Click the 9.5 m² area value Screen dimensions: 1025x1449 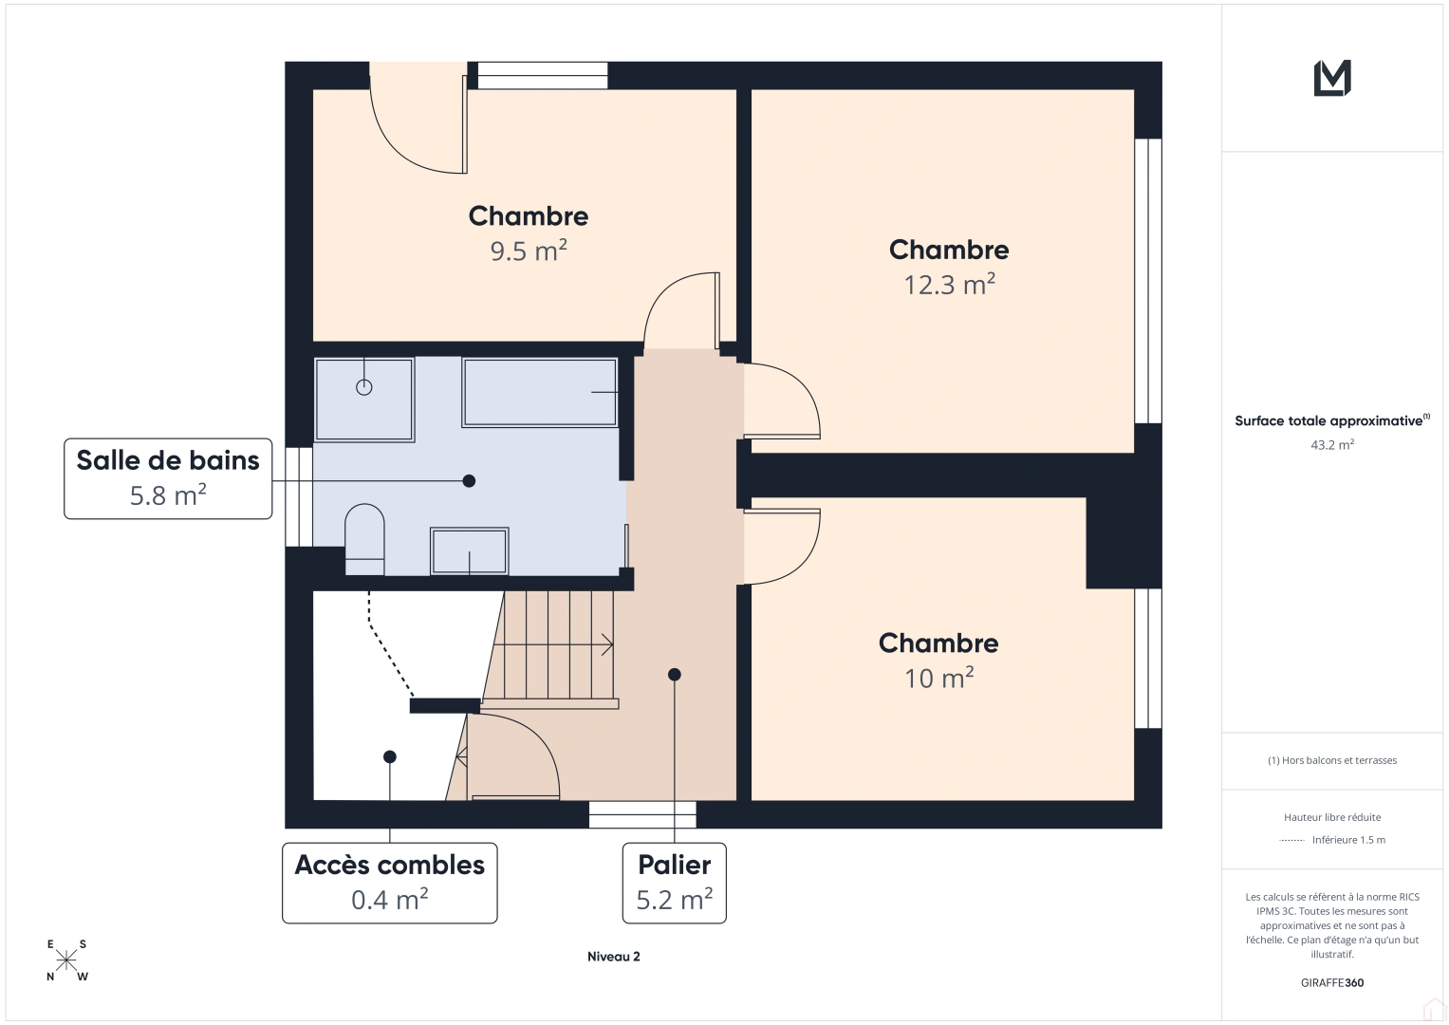529,252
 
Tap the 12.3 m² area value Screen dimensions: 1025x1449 949,285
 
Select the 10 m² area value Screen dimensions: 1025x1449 938,679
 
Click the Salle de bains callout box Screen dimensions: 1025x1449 168,478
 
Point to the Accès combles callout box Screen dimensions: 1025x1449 390,883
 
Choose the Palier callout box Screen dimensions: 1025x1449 675,883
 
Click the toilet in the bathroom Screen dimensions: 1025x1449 364,539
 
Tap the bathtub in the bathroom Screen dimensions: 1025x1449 539,392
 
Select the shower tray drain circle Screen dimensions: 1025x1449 364,387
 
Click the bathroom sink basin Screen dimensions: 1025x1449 470,551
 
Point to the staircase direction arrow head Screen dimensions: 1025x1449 607,645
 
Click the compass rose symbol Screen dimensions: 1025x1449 66,960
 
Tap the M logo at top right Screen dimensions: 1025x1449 1332,78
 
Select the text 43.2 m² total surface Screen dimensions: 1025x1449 1332,444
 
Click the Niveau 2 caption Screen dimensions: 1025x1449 614,957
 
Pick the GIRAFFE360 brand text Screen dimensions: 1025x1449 1332,983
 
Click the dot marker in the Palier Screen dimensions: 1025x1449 675,675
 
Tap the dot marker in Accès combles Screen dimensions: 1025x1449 390,756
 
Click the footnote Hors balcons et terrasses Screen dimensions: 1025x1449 1332,760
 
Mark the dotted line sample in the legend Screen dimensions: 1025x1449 1291,840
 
